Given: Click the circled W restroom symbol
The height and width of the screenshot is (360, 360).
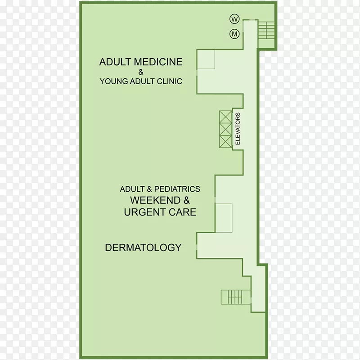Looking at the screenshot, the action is (234, 19).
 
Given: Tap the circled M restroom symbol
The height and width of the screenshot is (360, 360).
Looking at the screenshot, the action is (234, 34).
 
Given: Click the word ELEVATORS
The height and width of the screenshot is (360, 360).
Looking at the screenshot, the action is (238, 129).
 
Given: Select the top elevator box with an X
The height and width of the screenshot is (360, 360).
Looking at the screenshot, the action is (225, 117).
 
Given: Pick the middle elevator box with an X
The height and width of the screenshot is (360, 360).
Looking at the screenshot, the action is (225, 129).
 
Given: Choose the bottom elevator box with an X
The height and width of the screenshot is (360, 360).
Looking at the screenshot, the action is (225, 141).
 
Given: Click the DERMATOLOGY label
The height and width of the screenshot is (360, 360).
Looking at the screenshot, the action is (143, 247).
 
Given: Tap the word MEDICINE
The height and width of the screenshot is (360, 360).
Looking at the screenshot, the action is (158, 62).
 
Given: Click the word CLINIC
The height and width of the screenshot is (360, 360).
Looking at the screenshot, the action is (170, 81).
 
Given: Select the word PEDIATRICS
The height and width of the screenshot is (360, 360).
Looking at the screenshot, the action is (177, 189).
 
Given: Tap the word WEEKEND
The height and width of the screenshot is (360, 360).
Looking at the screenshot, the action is (155, 200).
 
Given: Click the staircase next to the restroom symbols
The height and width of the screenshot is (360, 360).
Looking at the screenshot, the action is (266, 30).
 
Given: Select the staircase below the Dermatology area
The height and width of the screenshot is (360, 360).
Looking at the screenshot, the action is (235, 297).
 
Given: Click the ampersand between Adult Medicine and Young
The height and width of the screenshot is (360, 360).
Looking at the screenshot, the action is (141, 72).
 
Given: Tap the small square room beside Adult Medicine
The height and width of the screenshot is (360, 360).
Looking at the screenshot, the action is (206, 59).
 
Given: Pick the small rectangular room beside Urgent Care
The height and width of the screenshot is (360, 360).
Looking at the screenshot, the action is (224, 218).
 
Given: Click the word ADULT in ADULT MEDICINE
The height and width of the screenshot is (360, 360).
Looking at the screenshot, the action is (115, 62).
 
